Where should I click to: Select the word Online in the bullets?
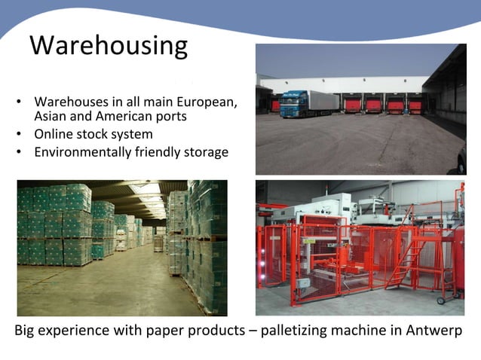[x=54, y=135]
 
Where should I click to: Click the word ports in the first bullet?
[x=171, y=117]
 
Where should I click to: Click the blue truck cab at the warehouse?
[x=293, y=104]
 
